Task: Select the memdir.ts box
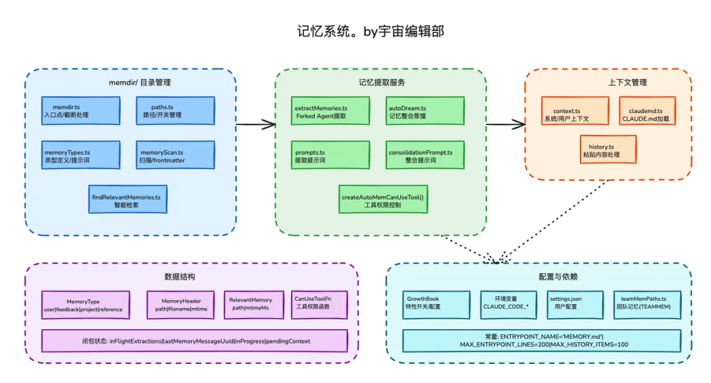pyautogui.click(x=82, y=111)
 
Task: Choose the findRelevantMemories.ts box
pyautogui.click(x=128, y=200)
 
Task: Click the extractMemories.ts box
pyautogui.click(x=330, y=111)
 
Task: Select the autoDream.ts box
pyautogui.click(x=425, y=111)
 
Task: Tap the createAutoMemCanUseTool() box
pyautogui.click(x=383, y=200)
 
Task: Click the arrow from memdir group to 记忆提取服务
pyautogui.click(x=255, y=124)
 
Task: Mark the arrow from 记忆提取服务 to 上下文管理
pyautogui.click(x=506, y=124)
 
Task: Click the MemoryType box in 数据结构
pyautogui.click(x=82, y=305)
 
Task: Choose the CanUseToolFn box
pyautogui.click(x=319, y=305)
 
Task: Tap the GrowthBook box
pyautogui.click(x=436, y=305)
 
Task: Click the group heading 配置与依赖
pyautogui.click(x=540, y=277)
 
